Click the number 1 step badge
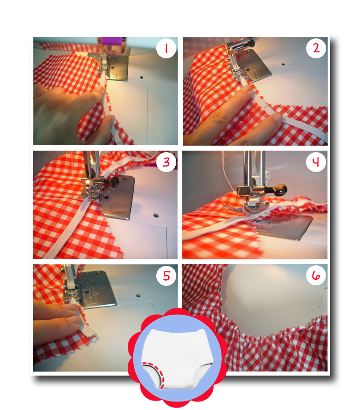point(166,48)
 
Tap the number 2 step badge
point(316,48)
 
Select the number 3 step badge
point(166,162)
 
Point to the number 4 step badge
point(316,162)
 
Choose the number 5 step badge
point(166,276)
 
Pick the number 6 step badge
point(316,276)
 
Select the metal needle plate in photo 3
point(118,197)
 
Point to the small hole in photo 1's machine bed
point(142,77)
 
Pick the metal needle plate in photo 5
point(96,289)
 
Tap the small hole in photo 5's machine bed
point(138,296)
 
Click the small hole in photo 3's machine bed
point(156,215)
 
